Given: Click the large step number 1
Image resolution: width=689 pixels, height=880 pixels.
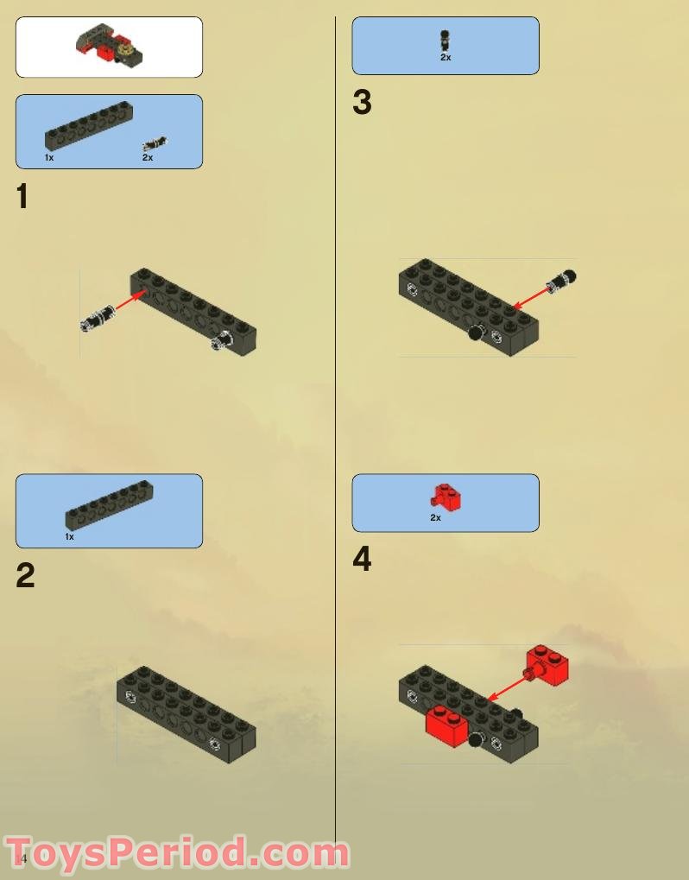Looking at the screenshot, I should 22,197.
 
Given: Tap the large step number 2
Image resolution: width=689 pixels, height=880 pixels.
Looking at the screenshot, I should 25,576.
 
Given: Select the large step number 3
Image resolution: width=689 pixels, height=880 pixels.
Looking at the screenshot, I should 362,103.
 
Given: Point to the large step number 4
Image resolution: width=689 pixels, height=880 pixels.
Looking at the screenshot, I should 362,560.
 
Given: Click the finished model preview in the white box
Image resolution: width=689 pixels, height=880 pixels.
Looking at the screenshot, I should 109,46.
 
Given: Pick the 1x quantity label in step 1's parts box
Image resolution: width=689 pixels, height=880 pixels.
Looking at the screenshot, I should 49,158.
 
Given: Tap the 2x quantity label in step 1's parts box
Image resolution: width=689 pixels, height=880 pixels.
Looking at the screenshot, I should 148,158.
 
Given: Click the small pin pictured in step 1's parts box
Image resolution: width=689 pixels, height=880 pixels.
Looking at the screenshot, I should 155,143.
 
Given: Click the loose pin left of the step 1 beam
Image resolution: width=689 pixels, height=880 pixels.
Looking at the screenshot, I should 98,317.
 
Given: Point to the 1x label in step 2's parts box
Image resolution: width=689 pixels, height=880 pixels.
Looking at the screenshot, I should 70,536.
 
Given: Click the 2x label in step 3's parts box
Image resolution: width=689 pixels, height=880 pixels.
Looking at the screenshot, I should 446,57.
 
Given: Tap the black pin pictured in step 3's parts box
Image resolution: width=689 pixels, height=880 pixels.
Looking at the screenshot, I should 446,40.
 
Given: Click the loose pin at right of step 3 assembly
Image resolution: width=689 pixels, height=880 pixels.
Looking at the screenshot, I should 562,280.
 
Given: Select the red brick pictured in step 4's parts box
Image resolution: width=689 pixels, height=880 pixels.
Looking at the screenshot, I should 446,497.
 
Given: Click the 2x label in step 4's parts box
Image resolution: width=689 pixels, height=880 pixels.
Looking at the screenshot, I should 436,517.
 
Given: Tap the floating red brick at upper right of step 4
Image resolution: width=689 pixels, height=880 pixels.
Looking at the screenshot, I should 547,664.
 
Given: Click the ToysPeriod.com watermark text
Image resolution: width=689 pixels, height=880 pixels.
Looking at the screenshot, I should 177,852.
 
